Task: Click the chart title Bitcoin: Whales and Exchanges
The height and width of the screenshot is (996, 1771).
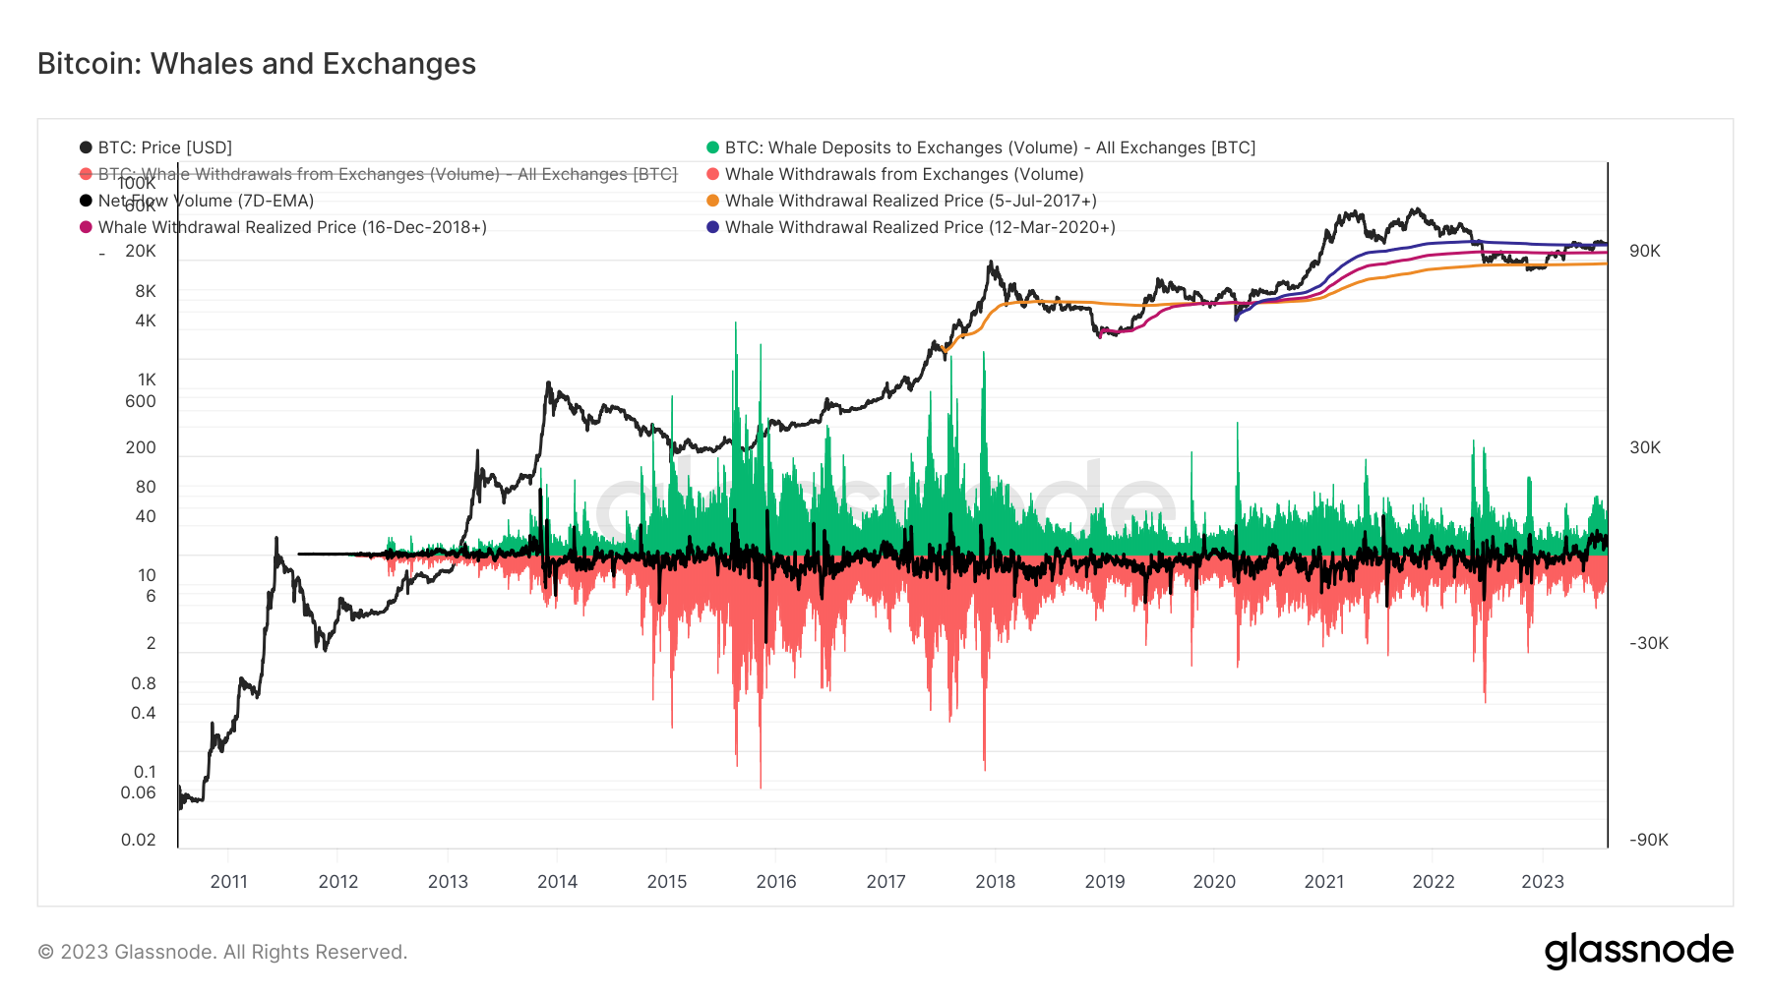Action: coord(257,64)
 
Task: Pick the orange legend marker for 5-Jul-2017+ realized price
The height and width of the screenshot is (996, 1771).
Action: coord(713,201)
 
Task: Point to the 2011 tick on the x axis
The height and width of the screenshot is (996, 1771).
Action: coord(229,881)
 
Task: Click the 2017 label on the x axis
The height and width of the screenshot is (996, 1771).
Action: coord(885,881)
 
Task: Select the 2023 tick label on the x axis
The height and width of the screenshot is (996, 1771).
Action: coord(1542,881)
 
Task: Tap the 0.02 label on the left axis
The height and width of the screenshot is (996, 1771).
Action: coord(139,840)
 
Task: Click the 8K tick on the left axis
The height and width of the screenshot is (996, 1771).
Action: coord(146,291)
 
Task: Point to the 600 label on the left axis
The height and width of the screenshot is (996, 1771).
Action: coord(141,401)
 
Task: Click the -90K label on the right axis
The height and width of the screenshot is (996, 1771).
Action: coord(1648,840)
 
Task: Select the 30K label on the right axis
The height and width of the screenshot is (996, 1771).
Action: coord(1644,447)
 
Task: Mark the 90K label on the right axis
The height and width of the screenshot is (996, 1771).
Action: coord(1644,251)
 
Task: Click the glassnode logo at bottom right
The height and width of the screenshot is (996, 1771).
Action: coord(1638,951)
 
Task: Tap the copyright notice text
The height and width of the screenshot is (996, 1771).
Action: coord(222,952)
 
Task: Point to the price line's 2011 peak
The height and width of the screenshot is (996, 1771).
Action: coord(276,540)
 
